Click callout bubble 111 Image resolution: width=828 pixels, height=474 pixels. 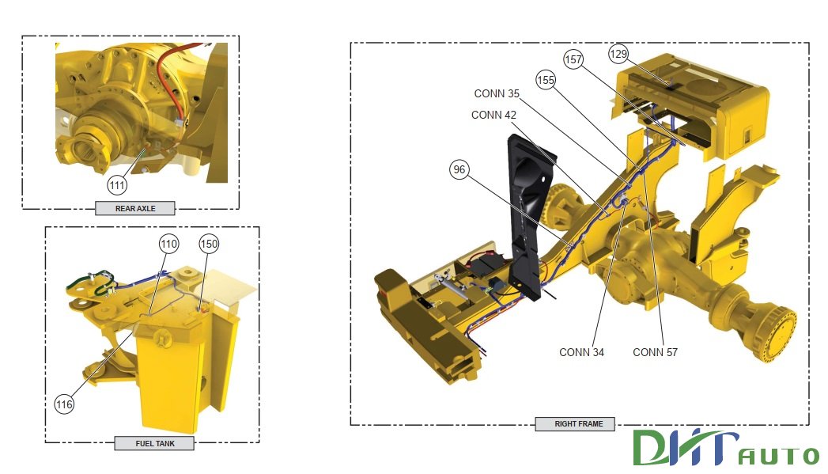pos(117,185)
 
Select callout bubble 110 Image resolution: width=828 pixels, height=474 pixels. pos(168,243)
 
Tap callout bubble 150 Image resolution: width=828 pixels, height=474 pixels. pos(209,243)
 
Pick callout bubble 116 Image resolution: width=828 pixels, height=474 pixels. pos(65,404)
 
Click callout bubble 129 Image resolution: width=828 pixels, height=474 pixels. pos(618,54)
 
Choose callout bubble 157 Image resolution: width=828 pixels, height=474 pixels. pos(573,59)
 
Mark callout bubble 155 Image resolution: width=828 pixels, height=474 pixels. pos(546,80)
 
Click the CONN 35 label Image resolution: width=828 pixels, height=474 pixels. pos(497,93)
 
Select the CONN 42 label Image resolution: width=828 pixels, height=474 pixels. pos(493,115)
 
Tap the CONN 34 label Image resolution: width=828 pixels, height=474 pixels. pos(581,352)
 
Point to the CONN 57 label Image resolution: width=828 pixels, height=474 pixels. pos(655,352)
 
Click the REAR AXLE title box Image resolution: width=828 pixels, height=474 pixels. pos(134,209)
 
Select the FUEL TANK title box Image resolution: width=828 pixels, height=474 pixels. pos(155,443)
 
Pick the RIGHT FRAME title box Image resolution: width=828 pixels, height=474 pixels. pos(578,424)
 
